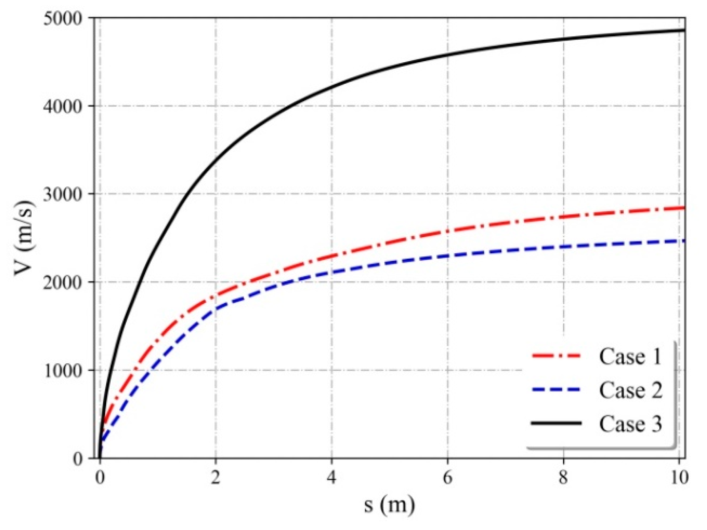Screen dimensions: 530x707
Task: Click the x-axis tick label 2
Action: point(215,478)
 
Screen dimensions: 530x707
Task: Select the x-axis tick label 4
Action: point(331,478)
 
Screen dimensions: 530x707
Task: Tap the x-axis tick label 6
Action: point(447,478)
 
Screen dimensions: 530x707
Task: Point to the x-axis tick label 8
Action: point(563,478)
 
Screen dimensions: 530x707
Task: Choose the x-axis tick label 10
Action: point(678,478)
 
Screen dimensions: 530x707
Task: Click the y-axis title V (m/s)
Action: point(25,238)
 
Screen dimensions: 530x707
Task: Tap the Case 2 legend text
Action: point(630,390)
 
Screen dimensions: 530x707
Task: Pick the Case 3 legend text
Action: point(630,424)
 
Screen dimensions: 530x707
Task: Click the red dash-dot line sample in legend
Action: point(556,356)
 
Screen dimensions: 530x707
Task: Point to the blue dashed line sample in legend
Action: point(556,390)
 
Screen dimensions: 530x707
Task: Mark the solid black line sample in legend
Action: point(556,423)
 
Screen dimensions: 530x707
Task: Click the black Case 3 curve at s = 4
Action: point(331,86)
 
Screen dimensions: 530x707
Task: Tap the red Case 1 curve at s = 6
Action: point(447,231)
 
